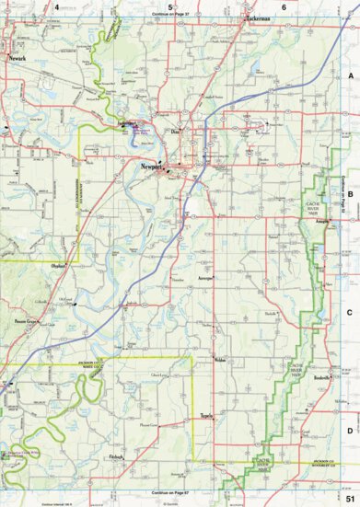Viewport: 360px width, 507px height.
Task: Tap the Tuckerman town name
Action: click(x=258, y=17)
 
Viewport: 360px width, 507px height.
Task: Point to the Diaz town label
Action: click(x=180, y=132)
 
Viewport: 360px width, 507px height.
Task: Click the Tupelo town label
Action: click(x=208, y=415)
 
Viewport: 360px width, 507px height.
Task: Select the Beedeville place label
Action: click(x=321, y=377)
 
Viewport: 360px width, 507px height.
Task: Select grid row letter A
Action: click(x=350, y=77)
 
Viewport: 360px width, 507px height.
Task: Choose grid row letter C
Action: click(x=350, y=312)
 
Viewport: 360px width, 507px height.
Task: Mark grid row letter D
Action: click(x=350, y=430)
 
